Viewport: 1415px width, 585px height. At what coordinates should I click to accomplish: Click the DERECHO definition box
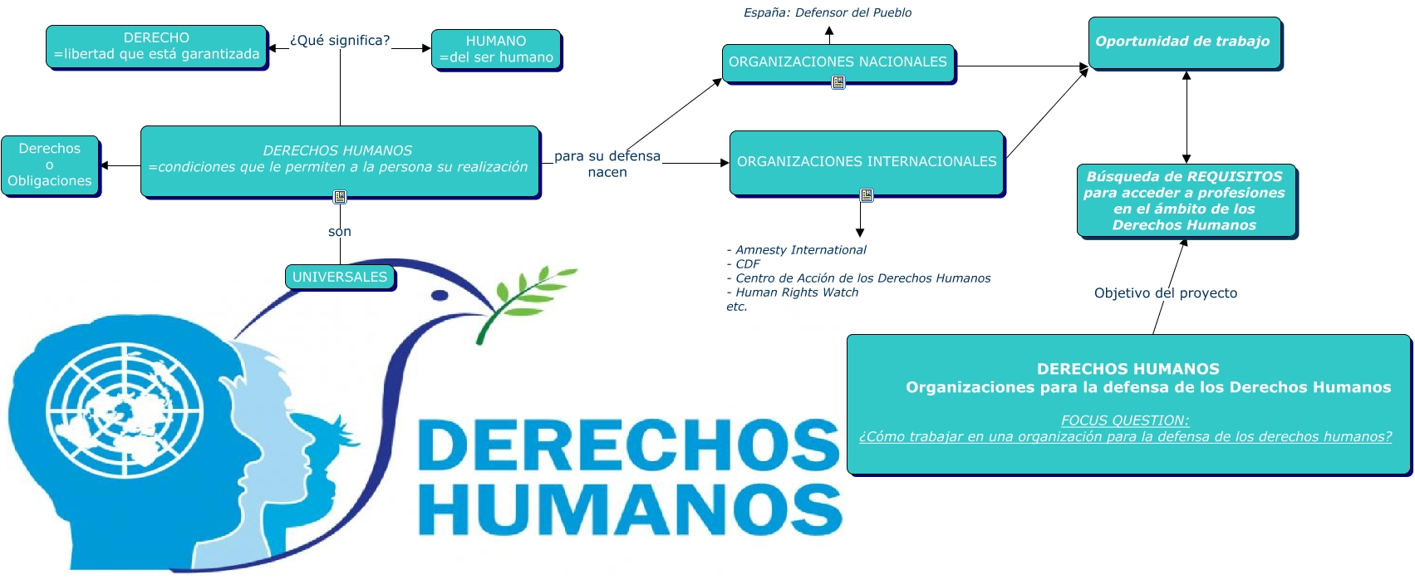(156, 47)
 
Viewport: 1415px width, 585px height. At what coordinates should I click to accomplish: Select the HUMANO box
(496, 49)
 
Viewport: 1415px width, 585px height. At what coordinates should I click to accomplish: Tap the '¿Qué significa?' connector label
(339, 41)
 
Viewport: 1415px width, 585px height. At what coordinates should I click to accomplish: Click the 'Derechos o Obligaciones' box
(50, 165)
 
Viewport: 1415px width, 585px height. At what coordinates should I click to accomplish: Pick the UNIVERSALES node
(340, 277)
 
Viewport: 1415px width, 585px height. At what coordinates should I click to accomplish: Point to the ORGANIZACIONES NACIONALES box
(838, 61)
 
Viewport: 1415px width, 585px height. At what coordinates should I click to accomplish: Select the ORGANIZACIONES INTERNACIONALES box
(866, 161)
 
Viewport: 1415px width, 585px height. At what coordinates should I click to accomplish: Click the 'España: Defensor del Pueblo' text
(827, 12)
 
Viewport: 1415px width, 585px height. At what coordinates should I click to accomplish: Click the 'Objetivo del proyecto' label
(1165, 293)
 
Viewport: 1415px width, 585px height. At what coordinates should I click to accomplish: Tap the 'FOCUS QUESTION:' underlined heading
(1124, 420)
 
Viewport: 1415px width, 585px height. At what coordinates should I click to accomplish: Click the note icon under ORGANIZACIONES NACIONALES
(838, 82)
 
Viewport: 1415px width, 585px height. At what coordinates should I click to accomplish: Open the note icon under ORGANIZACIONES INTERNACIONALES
(867, 195)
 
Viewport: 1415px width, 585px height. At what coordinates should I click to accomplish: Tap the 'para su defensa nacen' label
(607, 164)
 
